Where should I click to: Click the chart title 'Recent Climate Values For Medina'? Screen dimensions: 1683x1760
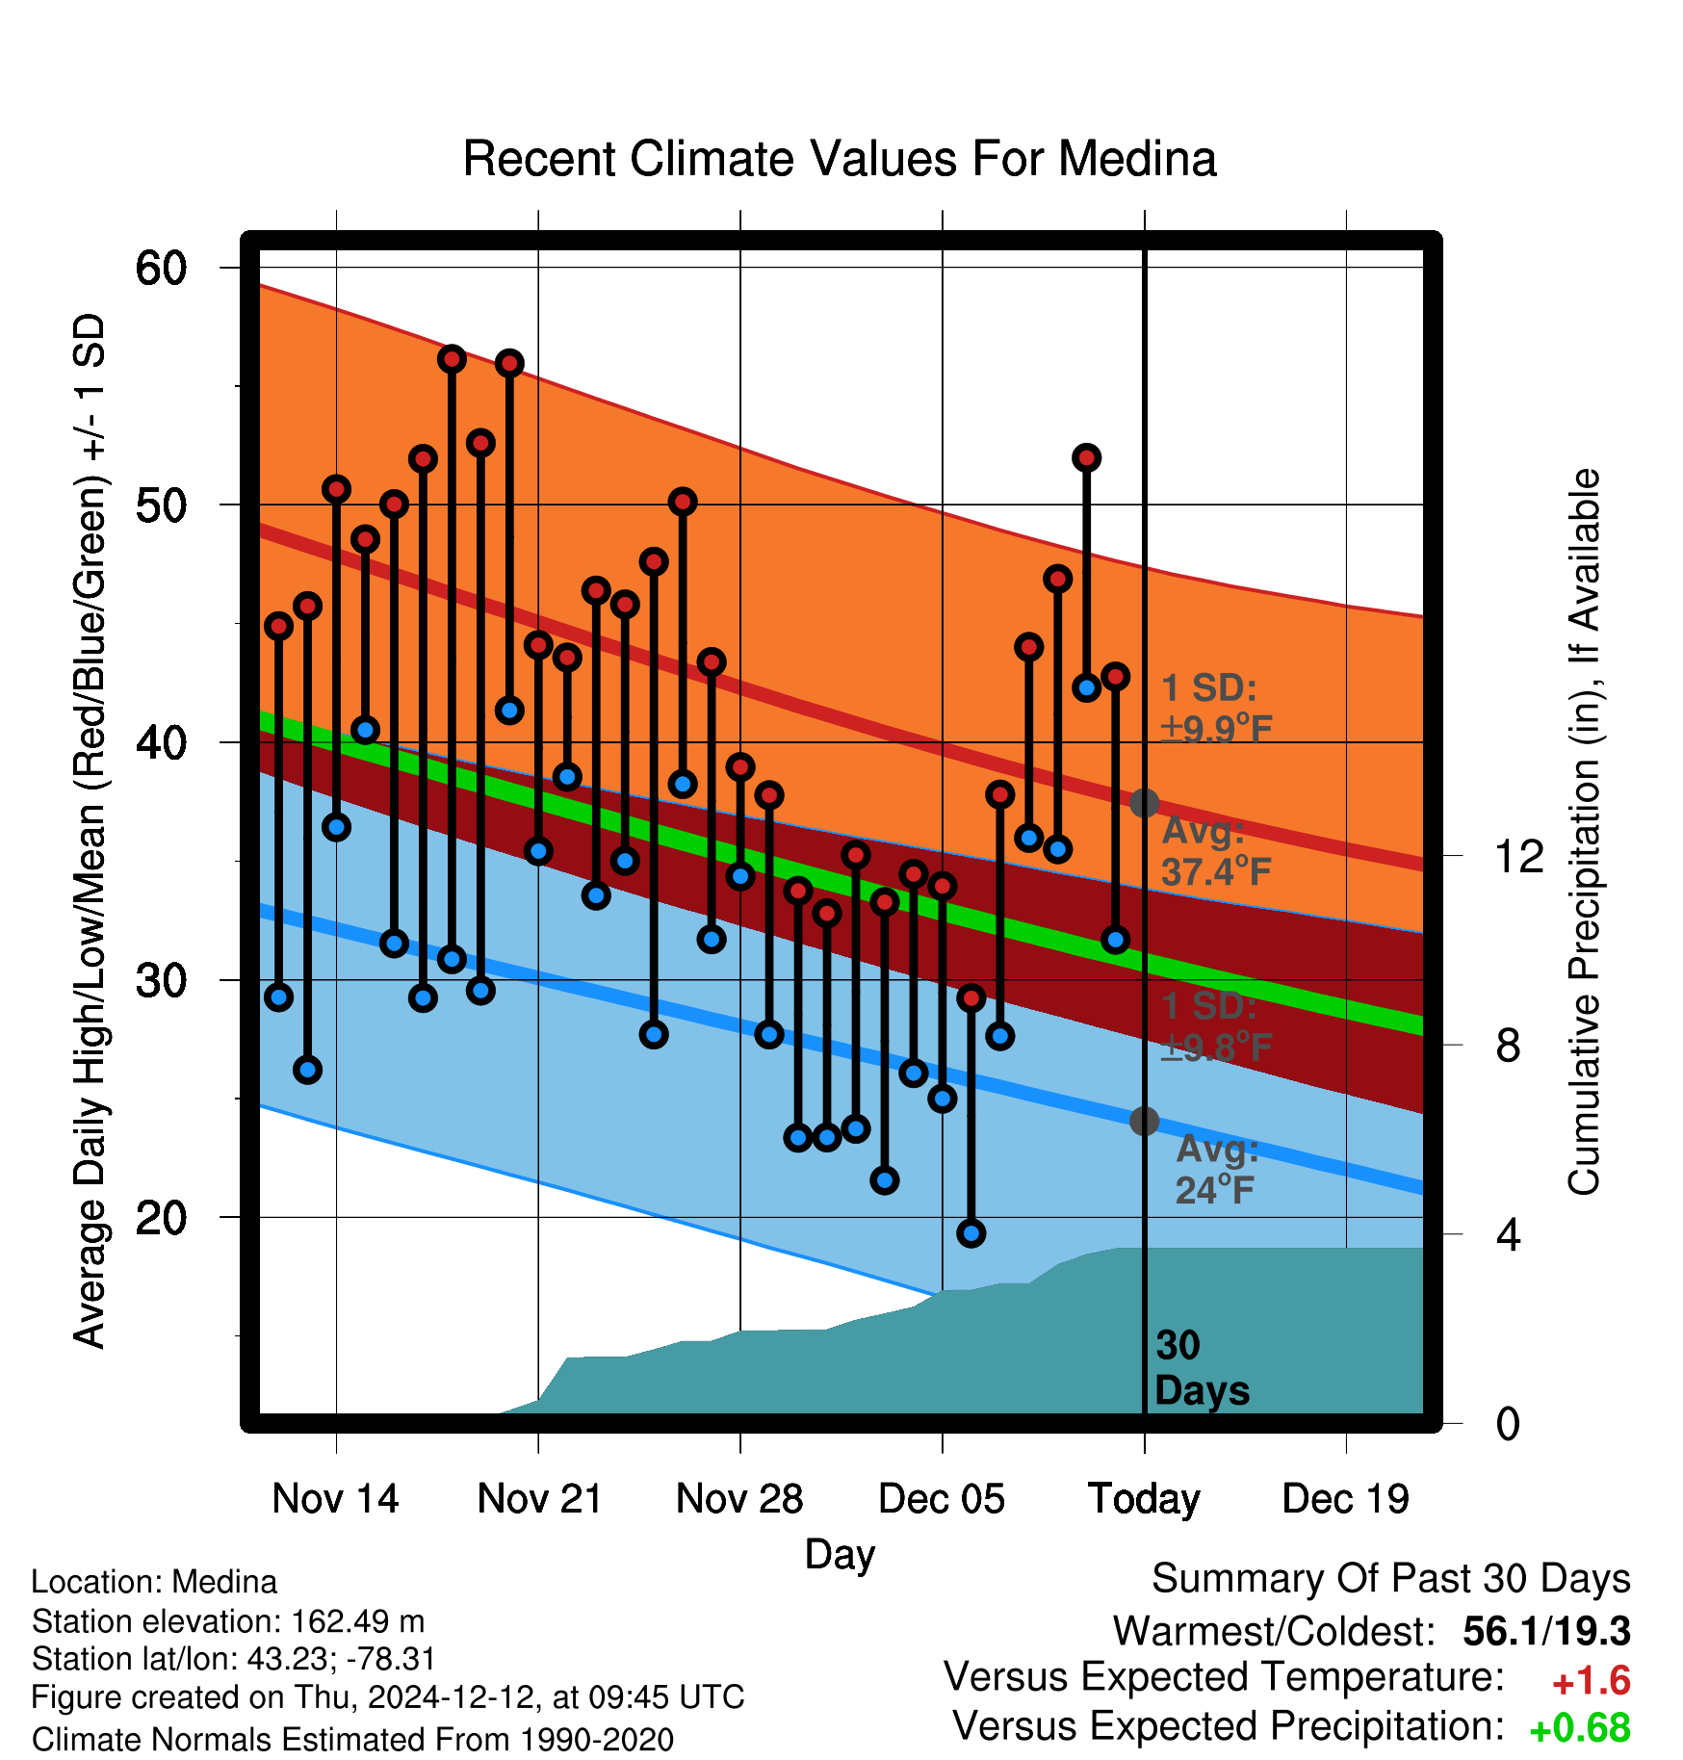(840, 159)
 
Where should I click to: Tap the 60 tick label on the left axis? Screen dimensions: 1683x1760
(161, 268)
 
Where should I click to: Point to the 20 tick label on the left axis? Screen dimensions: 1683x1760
(161, 1218)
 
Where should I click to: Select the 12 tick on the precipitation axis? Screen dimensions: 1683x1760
(1519, 856)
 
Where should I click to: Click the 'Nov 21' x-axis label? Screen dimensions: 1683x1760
(539, 1499)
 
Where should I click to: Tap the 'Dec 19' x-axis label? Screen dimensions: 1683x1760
(1346, 1499)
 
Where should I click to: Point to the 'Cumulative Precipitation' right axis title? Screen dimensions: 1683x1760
(1584, 832)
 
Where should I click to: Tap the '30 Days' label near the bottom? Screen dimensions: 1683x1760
(1202, 1368)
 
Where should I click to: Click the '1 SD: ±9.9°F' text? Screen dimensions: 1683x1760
(1217, 709)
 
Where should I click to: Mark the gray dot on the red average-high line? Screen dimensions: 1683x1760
(1144, 802)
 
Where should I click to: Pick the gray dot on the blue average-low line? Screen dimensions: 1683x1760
(1144, 1121)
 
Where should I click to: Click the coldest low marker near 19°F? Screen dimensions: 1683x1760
(971, 1233)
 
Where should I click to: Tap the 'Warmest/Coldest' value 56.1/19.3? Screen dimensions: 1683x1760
(1546, 1632)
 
